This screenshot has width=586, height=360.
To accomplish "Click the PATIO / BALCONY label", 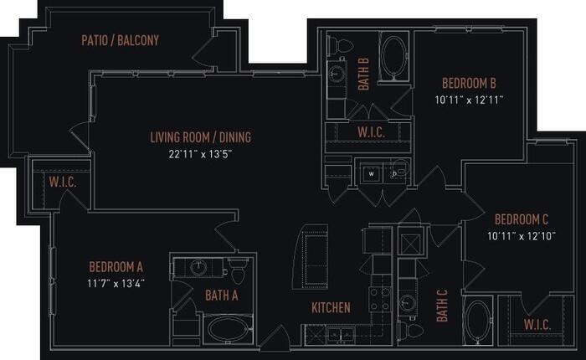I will (x=121, y=40).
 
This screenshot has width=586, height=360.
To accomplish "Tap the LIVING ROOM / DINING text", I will (x=200, y=137).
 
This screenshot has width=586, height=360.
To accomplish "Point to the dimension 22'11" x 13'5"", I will (x=200, y=153).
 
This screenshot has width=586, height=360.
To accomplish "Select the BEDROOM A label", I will (x=116, y=267).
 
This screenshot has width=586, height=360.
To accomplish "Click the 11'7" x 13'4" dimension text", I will (x=116, y=282).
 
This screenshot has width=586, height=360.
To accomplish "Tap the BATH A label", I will (x=222, y=295).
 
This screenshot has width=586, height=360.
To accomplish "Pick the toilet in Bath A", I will (x=237, y=272).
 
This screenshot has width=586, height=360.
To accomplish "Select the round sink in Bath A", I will (x=198, y=268).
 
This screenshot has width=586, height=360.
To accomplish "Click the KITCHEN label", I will (x=331, y=308).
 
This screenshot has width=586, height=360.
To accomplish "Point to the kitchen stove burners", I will (x=379, y=299).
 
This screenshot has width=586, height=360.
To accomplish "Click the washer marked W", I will (x=370, y=173).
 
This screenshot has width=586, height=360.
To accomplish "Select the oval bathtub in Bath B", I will (x=393, y=57).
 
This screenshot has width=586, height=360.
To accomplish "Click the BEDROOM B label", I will (x=470, y=83).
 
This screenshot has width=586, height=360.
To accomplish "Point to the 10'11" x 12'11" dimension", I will (x=470, y=99).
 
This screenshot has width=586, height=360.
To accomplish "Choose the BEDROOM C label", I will (x=521, y=219).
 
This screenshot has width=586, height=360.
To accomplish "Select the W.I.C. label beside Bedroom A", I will (x=63, y=181).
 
